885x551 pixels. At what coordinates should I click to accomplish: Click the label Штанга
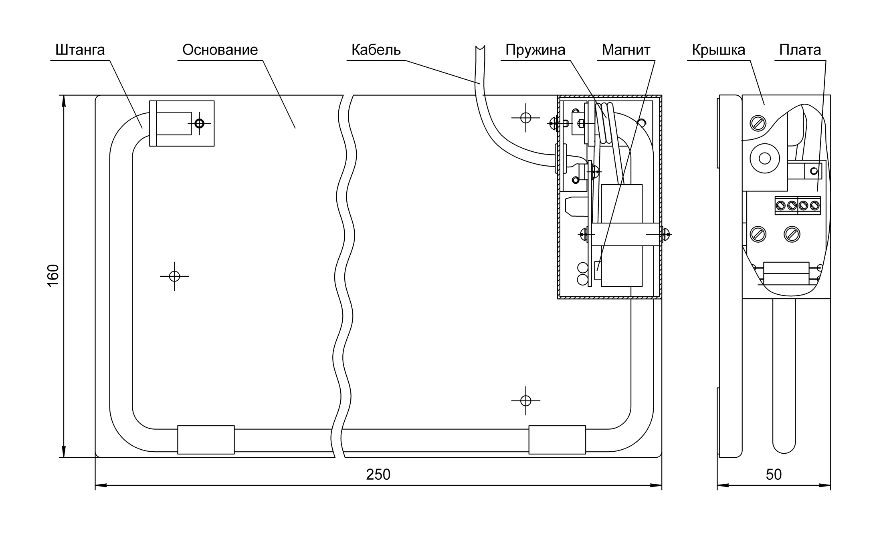tap(80, 50)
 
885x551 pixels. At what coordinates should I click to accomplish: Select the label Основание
tap(220, 50)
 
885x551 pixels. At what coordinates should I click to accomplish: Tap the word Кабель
tap(376, 50)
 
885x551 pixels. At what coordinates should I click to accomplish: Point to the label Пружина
tap(535, 50)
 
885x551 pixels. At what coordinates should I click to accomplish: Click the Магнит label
tap(626, 50)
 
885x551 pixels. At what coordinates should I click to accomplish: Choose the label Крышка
tap(719, 50)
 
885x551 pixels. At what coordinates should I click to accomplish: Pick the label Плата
tap(800, 50)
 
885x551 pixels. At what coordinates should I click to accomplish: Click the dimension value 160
tap(53, 275)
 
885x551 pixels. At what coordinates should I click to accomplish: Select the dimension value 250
tap(378, 475)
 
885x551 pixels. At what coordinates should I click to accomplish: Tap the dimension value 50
tap(774, 475)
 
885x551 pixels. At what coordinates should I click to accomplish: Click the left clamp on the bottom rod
tap(206, 440)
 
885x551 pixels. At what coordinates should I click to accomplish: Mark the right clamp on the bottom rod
tap(557, 440)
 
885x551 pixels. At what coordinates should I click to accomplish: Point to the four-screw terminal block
tap(798, 206)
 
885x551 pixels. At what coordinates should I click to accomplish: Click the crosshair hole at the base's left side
tap(174, 276)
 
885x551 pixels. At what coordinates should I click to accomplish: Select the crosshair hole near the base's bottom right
tap(525, 400)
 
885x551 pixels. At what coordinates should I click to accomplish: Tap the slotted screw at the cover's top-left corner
tap(758, 123)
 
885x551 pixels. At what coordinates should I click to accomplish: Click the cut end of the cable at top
tap(480, 48)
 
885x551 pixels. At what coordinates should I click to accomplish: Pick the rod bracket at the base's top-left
tap(182, 123)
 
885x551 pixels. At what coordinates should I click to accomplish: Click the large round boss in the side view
tap(765, 159)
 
